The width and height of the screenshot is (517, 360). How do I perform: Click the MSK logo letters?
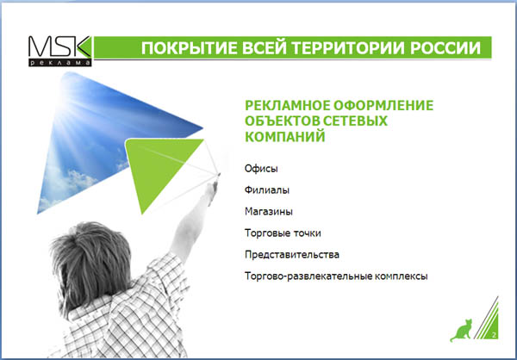point(59,47)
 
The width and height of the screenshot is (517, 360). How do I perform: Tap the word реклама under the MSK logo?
point(59,63)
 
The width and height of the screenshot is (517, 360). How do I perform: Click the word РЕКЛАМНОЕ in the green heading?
point(287,105)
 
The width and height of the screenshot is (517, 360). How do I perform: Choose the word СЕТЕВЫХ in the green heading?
point(355,121)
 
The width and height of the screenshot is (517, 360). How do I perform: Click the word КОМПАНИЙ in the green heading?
point(285,136)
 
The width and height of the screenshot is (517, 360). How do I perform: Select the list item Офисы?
point(261,169)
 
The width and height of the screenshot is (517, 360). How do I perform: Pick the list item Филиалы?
point(267,189)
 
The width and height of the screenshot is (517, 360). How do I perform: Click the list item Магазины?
point(268,211)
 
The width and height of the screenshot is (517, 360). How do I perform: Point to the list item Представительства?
point(292,255)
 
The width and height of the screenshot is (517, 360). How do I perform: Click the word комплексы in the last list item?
point(401,276)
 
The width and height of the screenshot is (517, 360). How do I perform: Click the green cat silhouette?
point(461,330)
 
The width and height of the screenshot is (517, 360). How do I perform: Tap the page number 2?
point(494,335)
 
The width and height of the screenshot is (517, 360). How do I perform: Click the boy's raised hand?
point(211,190)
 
